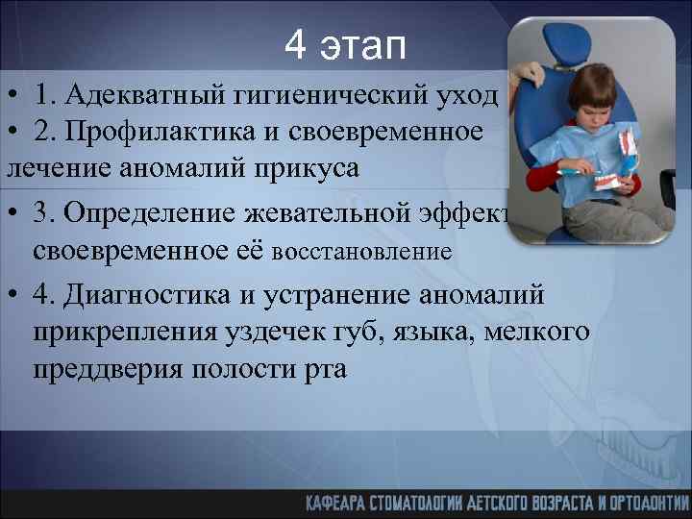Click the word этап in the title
[x=369, y=45]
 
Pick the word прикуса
[x=309, y=169]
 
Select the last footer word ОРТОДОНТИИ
[x=650, y=501]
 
